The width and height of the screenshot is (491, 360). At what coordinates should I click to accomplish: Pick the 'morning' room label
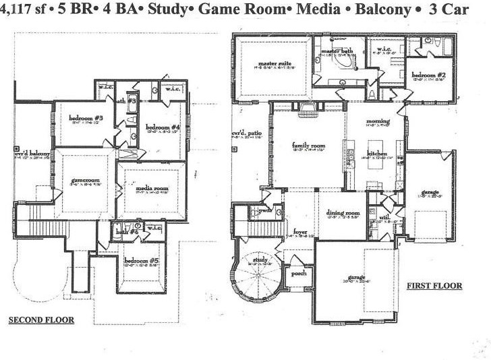click(x=378, y=121)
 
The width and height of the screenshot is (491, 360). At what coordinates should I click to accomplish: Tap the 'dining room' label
click(x=343, y=212)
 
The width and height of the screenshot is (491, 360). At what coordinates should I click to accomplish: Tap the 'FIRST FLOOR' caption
click(x=434, y=286)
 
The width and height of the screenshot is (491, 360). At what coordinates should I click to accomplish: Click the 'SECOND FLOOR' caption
click(x=40, y=320)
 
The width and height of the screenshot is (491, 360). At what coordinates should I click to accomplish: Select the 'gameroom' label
click(x=85, y=181)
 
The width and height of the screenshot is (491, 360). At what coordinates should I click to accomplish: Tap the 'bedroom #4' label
click(x=163, y=127)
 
